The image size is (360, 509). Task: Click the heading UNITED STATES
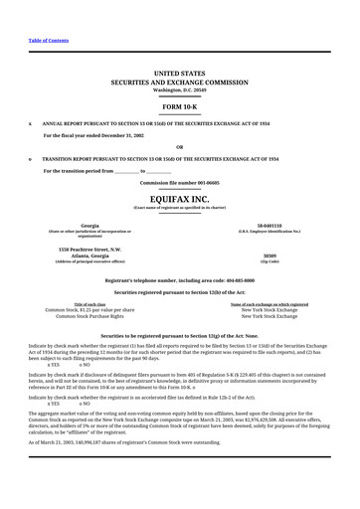180,73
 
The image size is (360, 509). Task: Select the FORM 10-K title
180,104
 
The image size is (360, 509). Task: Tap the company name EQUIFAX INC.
180,199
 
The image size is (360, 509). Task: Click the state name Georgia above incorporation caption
90,226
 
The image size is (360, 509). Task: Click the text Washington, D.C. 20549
180,89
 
